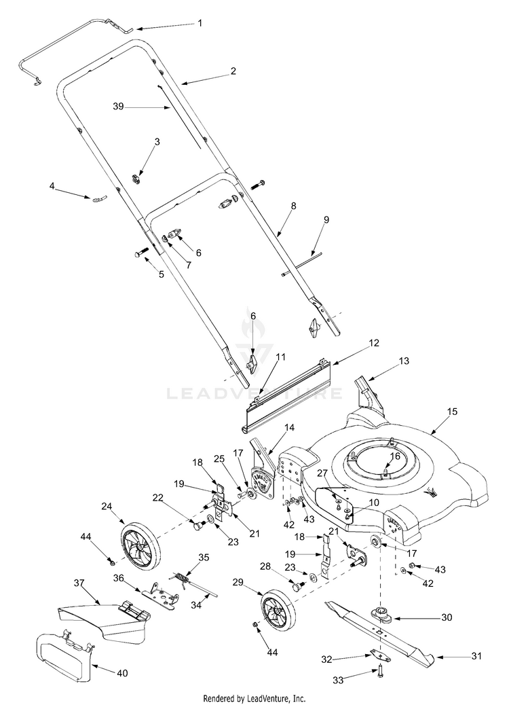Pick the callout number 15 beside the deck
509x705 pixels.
(453, 412)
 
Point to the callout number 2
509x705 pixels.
(233, 71)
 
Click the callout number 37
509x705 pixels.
(79, 582)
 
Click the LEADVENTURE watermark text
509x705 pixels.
(254, 393)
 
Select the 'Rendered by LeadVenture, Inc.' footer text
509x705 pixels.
(254, 698)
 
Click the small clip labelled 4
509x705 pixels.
(100, 199)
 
